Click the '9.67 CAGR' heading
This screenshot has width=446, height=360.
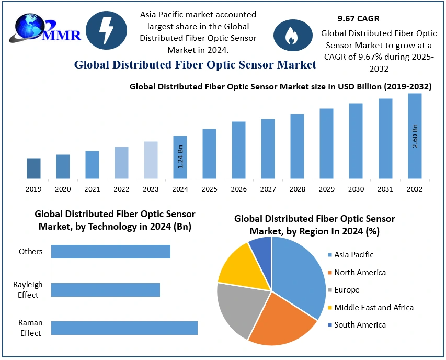pyautogui.click(x=358, y=18)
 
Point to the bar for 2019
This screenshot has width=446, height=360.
pyautogui.click(x=33, y=168)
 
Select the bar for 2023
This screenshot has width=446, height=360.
pyautogui.click(x=151, y=160)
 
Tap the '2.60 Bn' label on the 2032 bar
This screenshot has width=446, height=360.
pyautogui.click(x=415, y=136)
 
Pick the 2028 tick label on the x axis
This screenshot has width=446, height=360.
pyautogui.click(x=298, y=188)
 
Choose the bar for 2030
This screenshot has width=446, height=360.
pyautogui.click(x=356, y=141)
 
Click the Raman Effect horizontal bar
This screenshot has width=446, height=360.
pyautogui.click(x=124, y=328)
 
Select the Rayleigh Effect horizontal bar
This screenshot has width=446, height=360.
pyautogui.click(x=106, y=290)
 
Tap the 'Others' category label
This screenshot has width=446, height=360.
pyautogui.click(x=31, y=252)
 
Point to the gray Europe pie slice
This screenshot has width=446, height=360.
pyautogui.click(x=238, y=309)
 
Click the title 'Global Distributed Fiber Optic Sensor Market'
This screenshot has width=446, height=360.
pyautogui.click(x=195, y=65)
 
